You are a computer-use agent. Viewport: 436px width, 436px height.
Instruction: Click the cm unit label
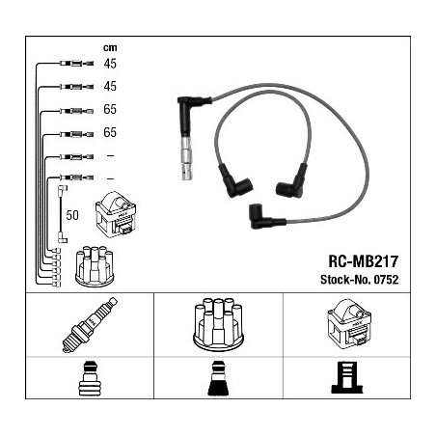[110, 48]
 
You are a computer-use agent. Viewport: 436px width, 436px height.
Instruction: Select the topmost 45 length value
[110, 64]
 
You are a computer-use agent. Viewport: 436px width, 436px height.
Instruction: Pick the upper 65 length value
[110, 109]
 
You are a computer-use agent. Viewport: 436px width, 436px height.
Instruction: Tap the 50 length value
[72, 215]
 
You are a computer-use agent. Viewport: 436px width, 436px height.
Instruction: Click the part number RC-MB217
[364, 261]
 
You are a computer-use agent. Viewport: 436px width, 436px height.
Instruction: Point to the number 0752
[386, 280]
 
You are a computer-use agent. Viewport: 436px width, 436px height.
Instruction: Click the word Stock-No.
[345, 280]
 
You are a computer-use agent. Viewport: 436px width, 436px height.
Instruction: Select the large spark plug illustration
[90, 325]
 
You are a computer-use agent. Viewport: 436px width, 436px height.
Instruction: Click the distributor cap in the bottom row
[218, 325]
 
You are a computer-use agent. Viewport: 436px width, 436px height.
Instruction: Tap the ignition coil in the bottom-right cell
[349, 324]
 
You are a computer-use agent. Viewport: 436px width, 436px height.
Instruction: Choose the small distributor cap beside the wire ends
[95, 266]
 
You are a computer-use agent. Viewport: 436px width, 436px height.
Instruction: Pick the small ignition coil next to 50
[116, 214]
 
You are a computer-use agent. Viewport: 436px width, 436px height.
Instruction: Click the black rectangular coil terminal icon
[347, 377]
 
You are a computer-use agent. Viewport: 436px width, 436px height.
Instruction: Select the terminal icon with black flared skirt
[218, 378]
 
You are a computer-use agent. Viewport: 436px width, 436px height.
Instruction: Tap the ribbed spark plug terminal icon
[90, 378]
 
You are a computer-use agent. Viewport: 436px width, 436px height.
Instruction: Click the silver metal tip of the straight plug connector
[186, 158]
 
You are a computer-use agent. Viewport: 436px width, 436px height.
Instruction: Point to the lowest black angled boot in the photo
[267, 216]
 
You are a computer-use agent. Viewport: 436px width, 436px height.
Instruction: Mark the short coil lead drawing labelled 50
[61, 214]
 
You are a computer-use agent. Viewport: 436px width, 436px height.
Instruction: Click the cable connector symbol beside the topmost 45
[76, 64]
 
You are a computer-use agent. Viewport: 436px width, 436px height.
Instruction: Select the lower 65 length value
[110, 132]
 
